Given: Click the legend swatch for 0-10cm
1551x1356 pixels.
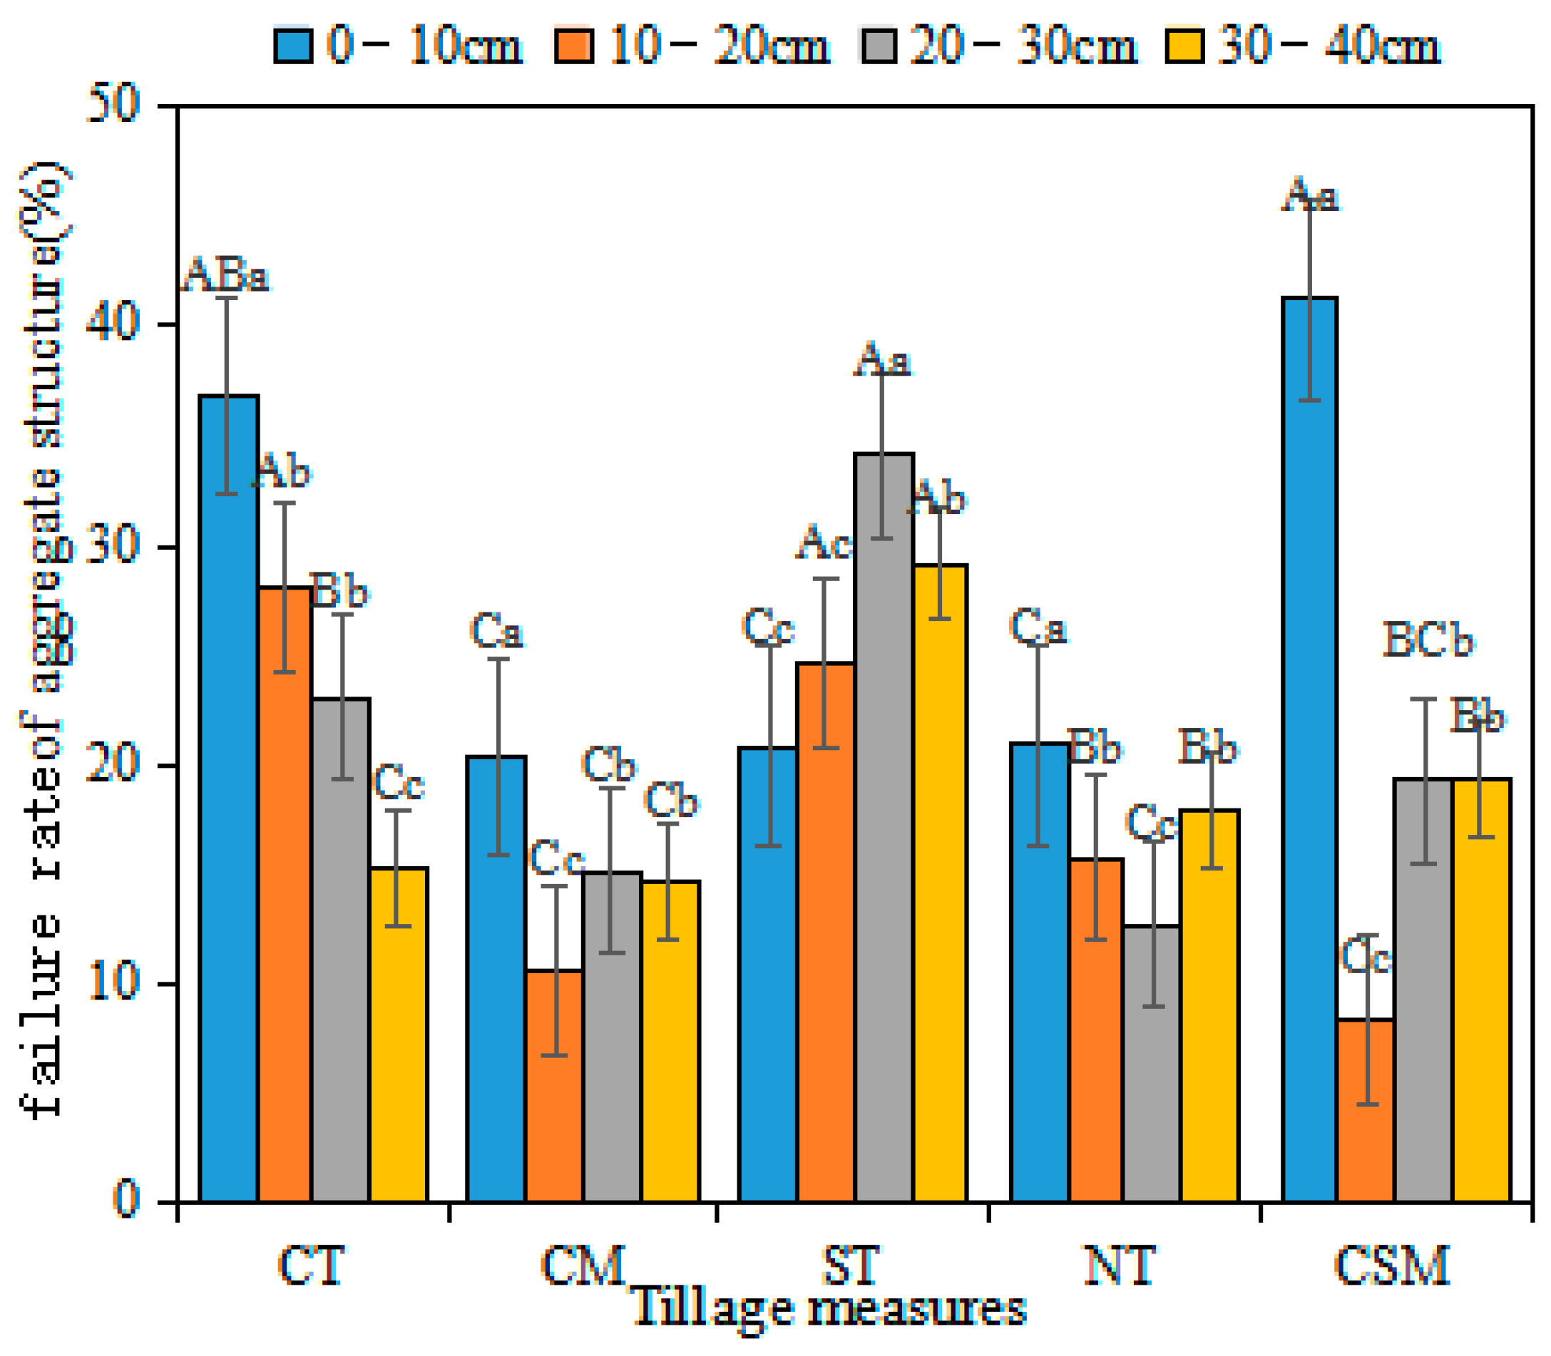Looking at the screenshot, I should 293,46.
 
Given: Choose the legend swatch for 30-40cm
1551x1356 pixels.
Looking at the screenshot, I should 1184,46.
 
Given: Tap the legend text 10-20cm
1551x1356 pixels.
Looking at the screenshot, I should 719,46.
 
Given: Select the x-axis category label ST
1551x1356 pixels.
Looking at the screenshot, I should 851,1265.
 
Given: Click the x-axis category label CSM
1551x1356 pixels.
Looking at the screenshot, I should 1391,1265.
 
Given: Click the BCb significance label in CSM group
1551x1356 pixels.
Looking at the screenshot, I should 1428,640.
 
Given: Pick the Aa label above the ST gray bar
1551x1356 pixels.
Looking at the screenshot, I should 882,359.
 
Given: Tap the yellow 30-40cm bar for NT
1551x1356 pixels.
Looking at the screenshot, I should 1209,1006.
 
